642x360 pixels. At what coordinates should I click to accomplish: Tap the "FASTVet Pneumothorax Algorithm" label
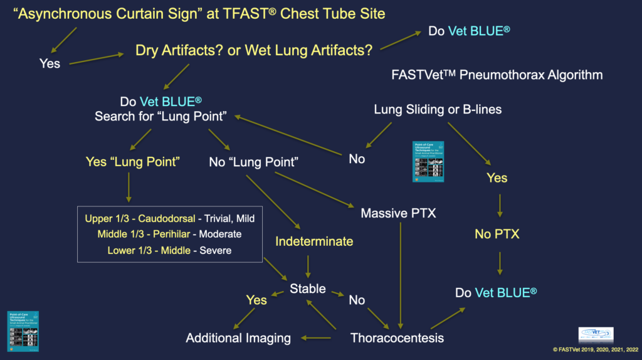[495, 75]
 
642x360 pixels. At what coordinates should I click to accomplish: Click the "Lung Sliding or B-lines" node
[438, 109]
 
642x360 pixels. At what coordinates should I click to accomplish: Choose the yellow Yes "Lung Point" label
[133, 162]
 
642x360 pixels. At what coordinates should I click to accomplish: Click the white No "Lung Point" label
[253, 162]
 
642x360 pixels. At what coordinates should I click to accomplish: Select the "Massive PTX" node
[398, 213]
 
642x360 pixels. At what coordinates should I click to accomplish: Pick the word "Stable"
[307, 289]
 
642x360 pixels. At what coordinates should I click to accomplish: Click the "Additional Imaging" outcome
[238, 338]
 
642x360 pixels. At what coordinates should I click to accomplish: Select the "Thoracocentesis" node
[397, 338]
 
